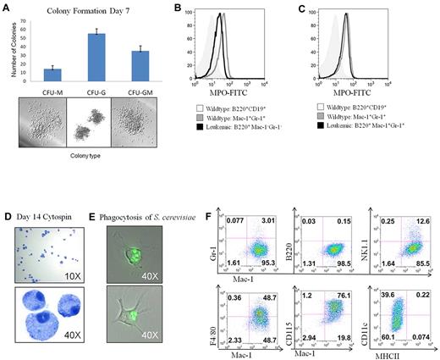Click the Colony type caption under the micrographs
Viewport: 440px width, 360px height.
point(83,156)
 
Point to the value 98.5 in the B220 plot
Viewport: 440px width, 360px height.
point(354,265)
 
